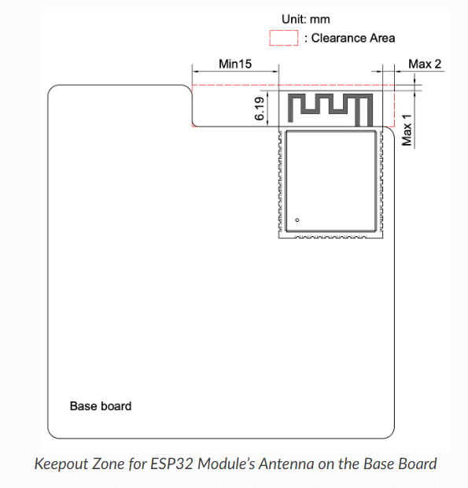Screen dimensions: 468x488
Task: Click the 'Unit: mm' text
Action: pos(305,20)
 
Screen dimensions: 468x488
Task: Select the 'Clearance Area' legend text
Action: pos(353,38)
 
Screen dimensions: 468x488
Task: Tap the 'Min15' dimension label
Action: pos(235,64)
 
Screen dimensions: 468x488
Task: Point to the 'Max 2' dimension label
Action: pos(425,64)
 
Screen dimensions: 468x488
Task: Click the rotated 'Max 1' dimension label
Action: pos(407,130)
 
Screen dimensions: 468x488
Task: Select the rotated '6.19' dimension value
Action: pos(260,109)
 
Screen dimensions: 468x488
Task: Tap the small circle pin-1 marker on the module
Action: pos(297,220)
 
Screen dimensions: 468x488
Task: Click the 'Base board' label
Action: pos(101,406)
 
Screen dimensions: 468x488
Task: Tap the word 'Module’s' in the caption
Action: pos(226,464)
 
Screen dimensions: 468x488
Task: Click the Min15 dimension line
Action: pos(235,72)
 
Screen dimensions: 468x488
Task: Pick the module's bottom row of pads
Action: pos(330,237)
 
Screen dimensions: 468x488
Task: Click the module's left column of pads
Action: pos(280,181)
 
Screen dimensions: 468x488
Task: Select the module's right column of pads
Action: pos(381,181)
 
